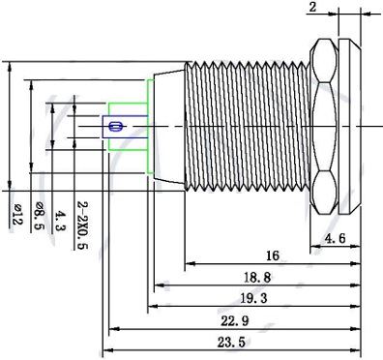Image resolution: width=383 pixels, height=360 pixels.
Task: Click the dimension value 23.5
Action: click(231, 342)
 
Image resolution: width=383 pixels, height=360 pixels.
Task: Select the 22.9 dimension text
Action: click(235, 321)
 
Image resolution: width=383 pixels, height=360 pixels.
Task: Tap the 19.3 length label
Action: click(253, 298)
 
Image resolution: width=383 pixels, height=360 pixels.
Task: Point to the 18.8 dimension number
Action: click(257, 278)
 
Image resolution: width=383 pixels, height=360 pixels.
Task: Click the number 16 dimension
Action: click(273, 255)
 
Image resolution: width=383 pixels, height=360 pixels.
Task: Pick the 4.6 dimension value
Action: click(336, 239)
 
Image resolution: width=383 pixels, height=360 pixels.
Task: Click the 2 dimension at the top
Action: click(312, 7)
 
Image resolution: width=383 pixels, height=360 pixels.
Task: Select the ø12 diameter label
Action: click(17, 215)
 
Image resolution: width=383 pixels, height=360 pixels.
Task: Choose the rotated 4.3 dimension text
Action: click(60, 221)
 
